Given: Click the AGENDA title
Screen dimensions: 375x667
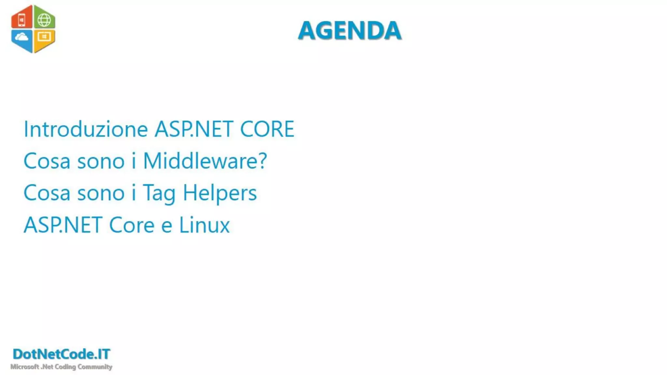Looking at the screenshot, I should click(x=349, y=31).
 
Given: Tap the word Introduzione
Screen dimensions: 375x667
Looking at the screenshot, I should click(x=86, y=129).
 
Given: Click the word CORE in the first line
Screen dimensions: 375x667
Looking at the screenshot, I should click(x=267, y=129).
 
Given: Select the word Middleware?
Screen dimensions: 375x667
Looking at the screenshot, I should click(x=205, y=161).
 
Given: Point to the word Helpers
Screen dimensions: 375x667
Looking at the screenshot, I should click(x=220, y=193).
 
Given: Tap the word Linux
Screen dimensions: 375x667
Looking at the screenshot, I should click(x=204, y=225).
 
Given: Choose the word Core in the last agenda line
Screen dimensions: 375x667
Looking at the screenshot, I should click(x=132, y=225).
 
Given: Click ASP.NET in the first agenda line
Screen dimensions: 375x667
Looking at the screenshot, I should click(x=194, y=129).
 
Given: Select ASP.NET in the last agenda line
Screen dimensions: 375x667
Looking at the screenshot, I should click(x=63, y=225).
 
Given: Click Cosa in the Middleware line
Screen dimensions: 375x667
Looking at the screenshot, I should click(x=47, y=161).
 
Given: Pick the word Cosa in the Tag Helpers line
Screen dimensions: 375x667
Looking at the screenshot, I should click(x=47, y=193).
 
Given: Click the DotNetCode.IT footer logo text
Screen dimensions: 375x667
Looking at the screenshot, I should click(x=62, y=354).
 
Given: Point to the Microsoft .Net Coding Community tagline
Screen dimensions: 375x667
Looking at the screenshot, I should click(x=61, y=367).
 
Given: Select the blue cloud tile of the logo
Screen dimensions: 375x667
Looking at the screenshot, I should click(x=22, y=39).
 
